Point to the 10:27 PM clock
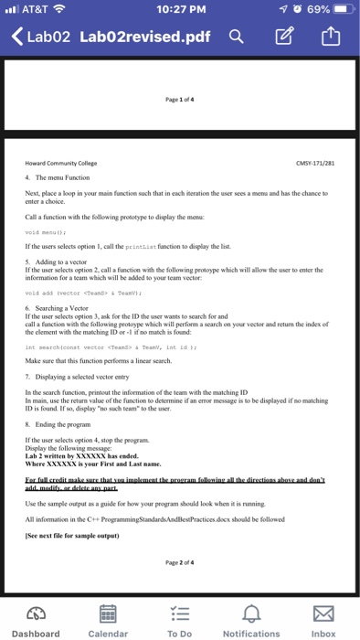click(180, 10)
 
